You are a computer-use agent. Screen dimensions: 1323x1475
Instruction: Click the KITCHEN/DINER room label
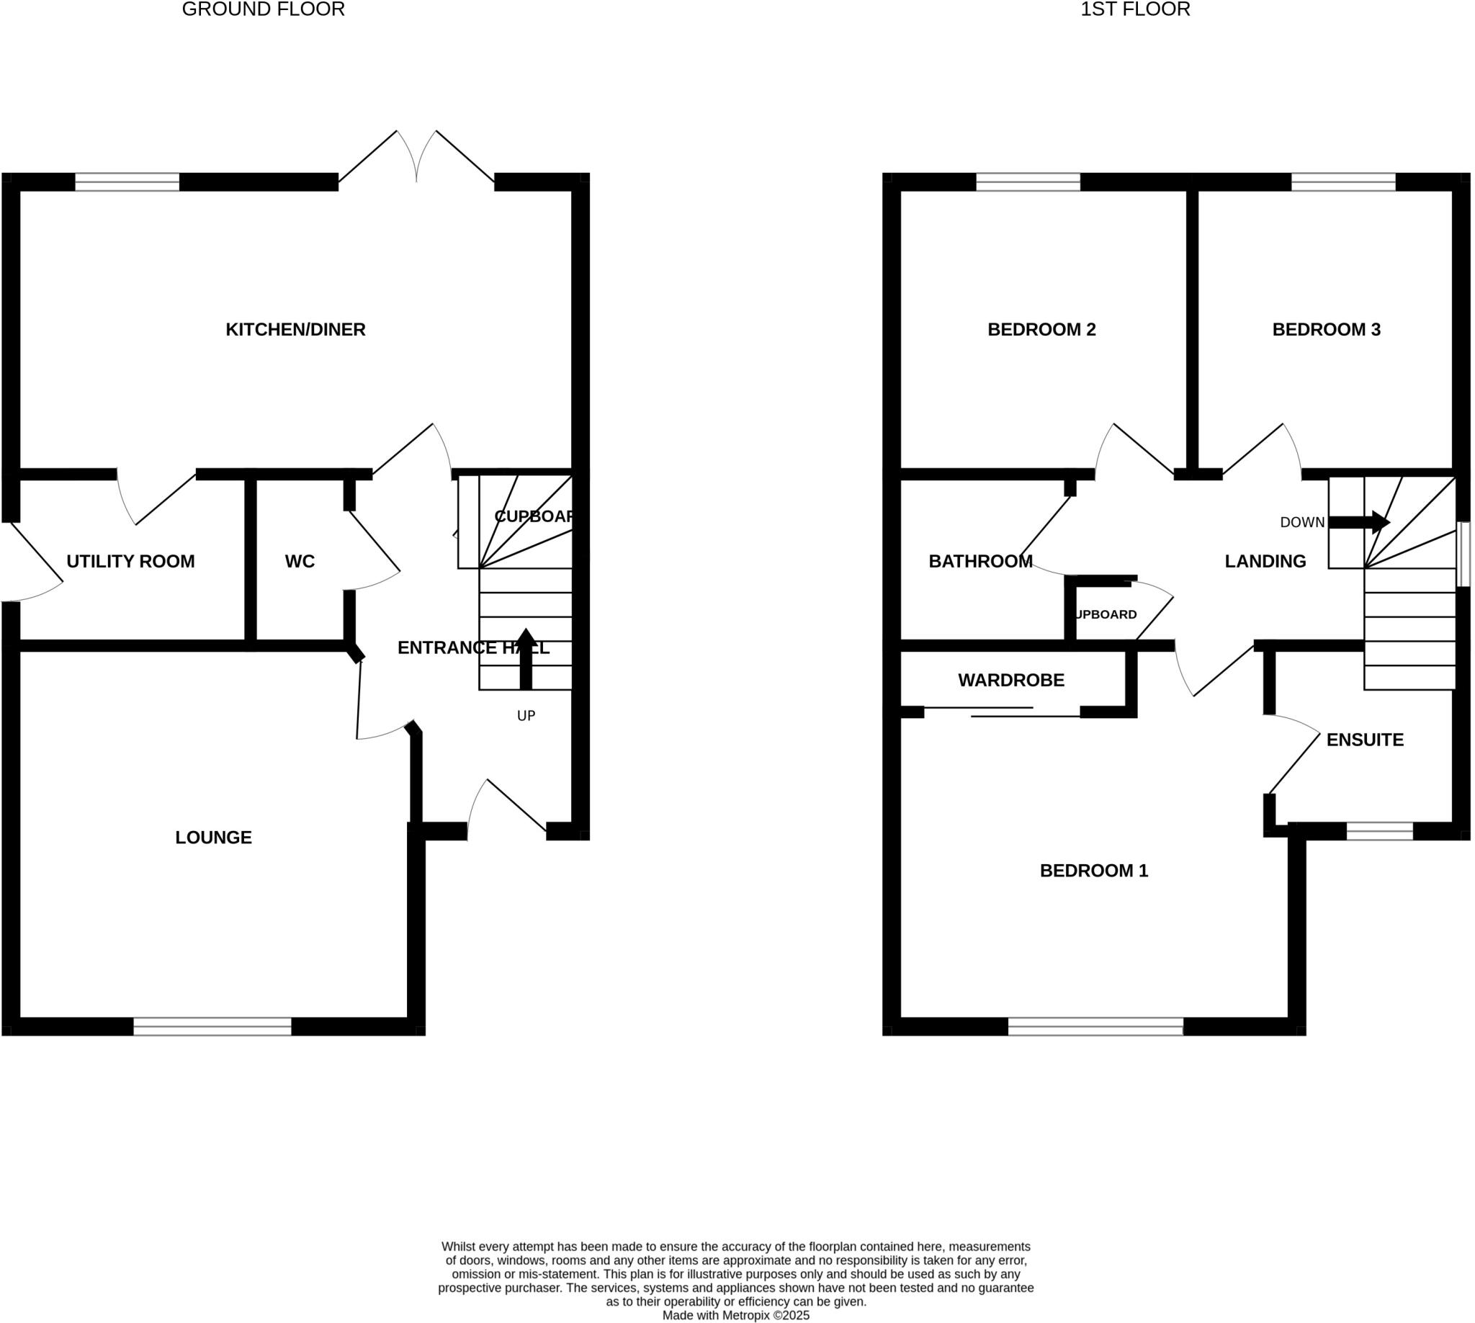295,330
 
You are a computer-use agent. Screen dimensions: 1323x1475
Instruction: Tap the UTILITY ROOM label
131,561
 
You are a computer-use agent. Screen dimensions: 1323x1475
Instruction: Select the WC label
300,561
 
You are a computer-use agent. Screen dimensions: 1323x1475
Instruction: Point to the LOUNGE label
214,838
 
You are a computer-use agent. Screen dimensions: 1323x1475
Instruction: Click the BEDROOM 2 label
1041,330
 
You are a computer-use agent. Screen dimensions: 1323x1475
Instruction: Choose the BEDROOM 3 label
1326,330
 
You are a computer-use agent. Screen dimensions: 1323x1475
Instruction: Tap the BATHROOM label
980,561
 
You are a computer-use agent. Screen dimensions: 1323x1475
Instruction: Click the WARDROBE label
1010,681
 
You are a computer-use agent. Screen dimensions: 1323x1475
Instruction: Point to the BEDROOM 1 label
1093,871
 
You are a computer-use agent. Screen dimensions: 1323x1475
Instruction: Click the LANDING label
1265,561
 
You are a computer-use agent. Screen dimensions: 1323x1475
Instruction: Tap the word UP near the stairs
526,716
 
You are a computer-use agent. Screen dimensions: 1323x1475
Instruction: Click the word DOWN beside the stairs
1302,523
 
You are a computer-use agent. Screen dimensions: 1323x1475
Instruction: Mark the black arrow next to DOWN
1358,522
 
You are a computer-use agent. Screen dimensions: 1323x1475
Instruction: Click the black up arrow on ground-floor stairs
526,658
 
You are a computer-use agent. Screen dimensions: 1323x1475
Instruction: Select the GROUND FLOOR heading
263,9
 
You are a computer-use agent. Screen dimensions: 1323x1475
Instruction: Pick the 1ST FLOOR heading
1135,9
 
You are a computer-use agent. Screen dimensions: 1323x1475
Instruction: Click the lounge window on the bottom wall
212,1026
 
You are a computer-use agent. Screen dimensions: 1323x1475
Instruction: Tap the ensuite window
1379,831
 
